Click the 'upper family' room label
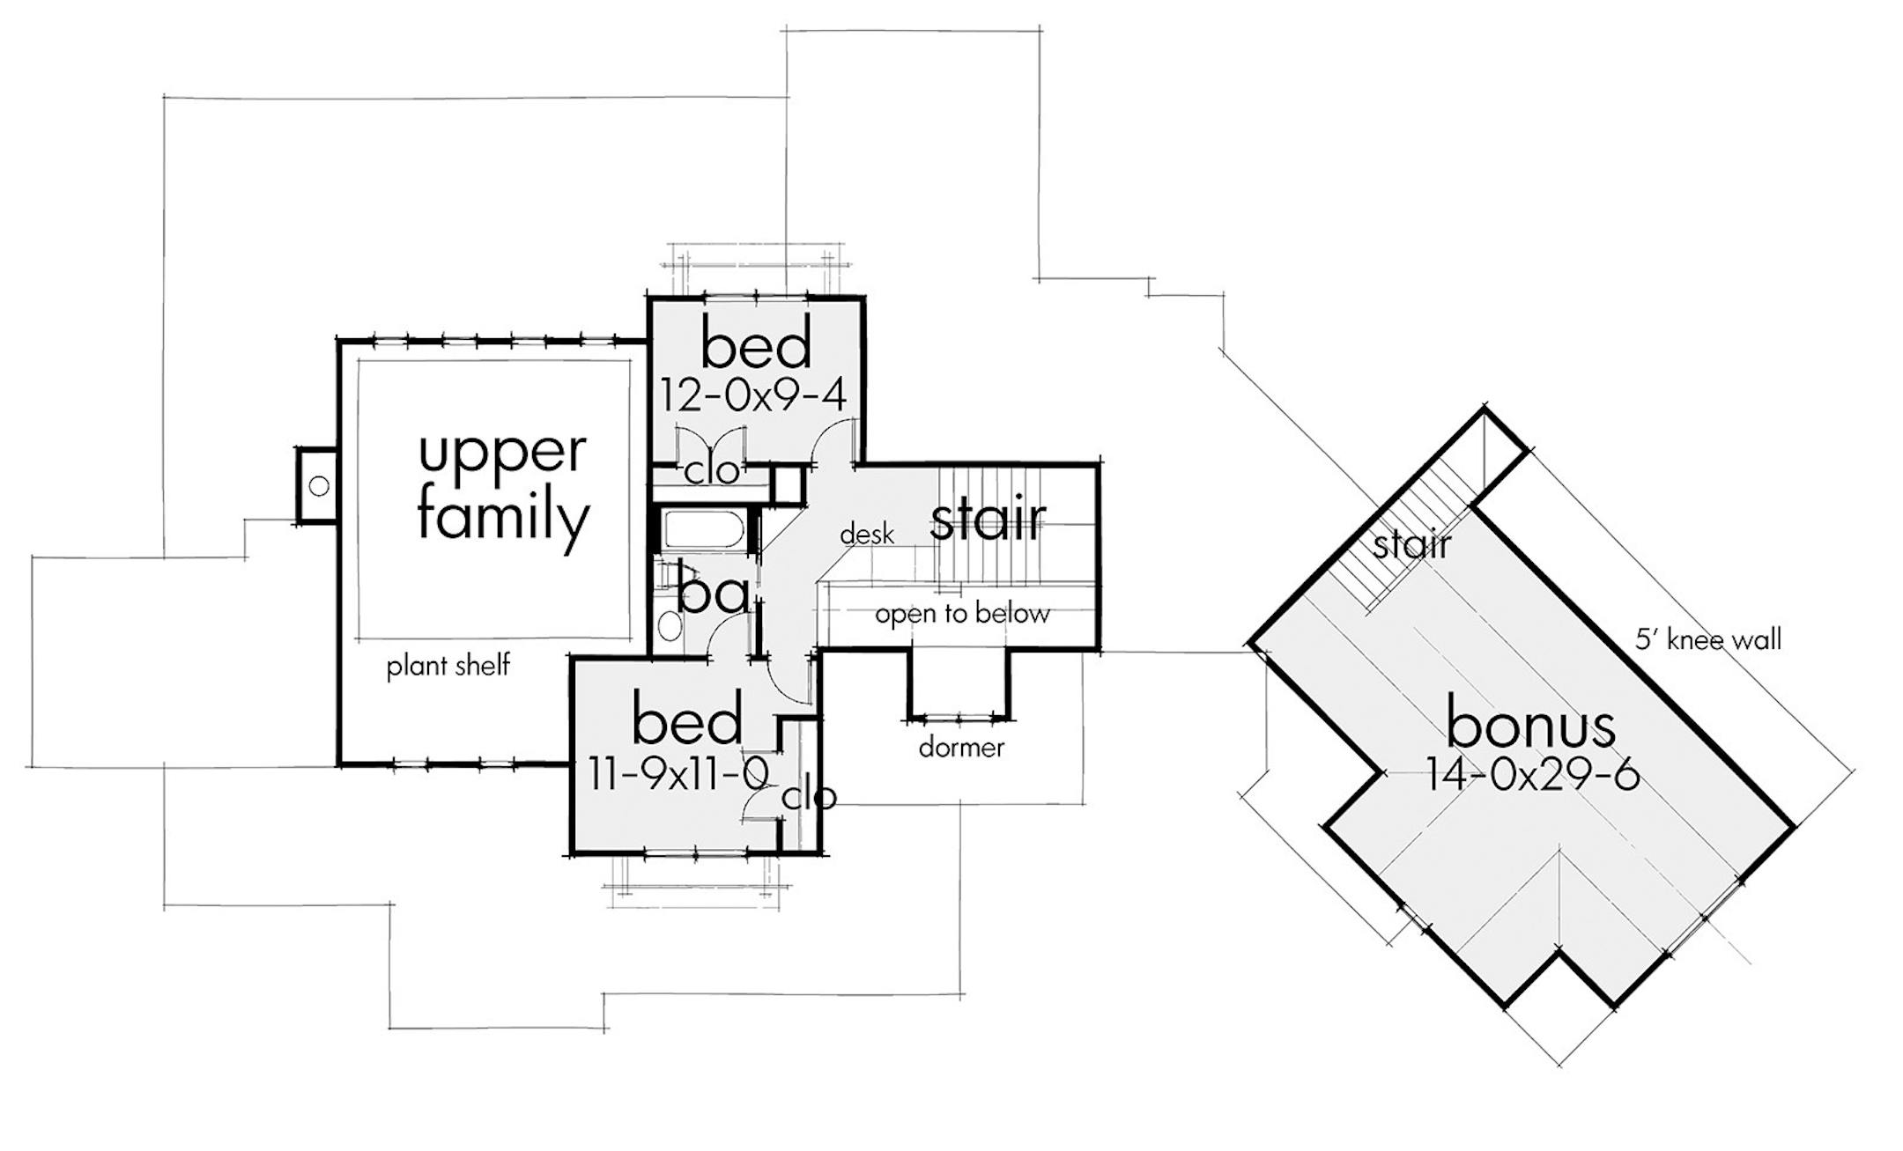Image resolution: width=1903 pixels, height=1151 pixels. click(502, 484)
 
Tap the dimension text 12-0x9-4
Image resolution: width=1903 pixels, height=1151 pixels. click(753, 396)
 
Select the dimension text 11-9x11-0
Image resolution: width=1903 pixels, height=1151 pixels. click(678, 775)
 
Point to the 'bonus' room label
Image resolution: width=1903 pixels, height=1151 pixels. click(1531, 725)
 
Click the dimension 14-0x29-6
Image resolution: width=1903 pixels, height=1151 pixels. click(1533, 776)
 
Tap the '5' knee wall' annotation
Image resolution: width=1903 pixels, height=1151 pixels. click(1707, 639)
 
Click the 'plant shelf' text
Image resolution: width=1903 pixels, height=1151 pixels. click(448, 666)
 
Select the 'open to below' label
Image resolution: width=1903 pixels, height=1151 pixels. click(962, 614)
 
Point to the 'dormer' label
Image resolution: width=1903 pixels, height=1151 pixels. click(961, 748)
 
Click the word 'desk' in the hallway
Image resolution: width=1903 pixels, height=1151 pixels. click(867, 535)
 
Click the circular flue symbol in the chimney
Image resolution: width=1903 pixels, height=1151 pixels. click(320, 486)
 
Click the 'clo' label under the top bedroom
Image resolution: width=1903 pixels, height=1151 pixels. click(711, 472)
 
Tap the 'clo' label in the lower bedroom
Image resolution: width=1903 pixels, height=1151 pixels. click(808, 797)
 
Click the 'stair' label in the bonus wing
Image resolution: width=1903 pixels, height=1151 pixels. click(1411, 545)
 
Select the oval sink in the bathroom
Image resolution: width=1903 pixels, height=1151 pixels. click(670, 626)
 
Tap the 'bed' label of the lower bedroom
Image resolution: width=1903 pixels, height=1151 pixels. click(687, 721)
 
